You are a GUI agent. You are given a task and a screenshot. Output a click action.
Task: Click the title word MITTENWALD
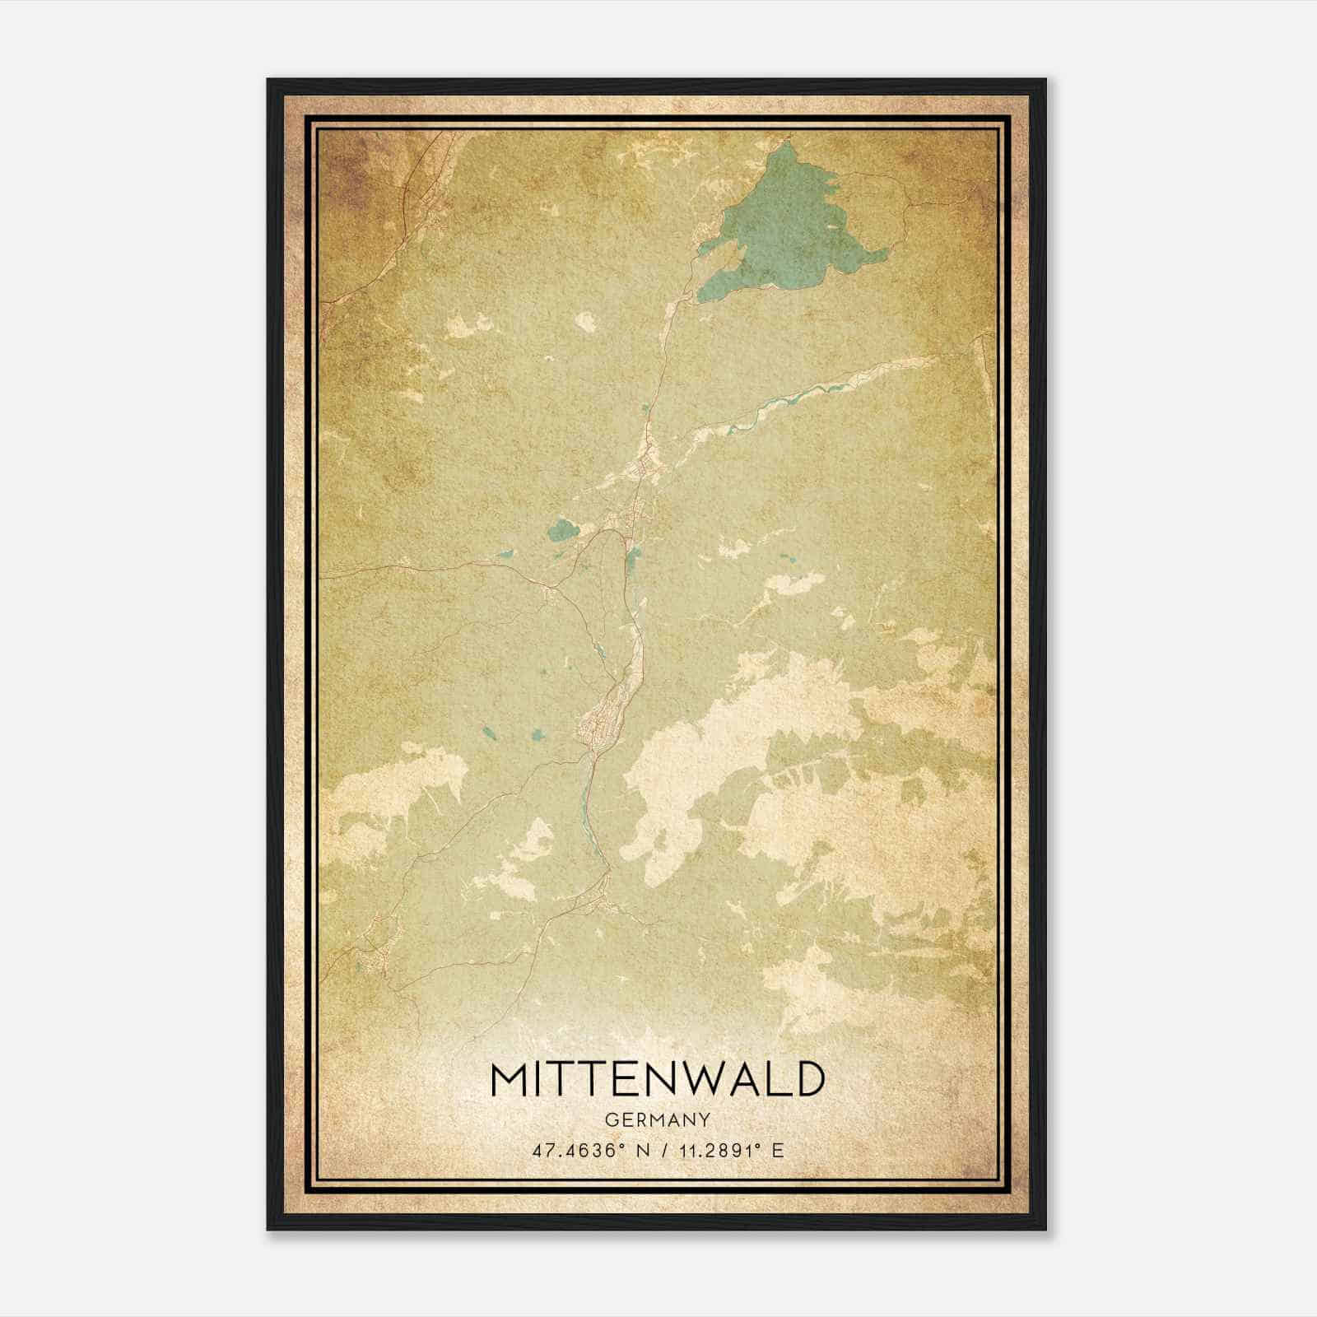657,1080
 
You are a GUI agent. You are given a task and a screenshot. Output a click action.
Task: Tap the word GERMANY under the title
657,1119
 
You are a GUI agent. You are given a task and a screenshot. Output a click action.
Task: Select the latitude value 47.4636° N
586,1151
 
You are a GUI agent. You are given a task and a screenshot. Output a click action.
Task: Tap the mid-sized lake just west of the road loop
564,528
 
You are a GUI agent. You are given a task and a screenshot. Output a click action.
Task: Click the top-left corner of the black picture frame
269,81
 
